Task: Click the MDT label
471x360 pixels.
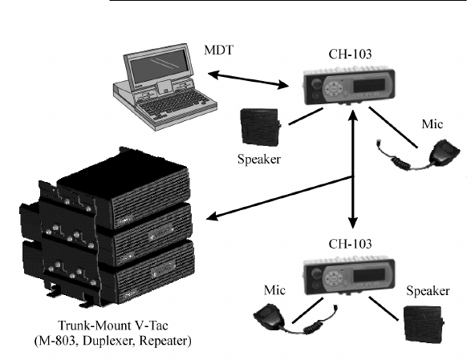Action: (218, 51)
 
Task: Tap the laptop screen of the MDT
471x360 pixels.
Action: (159, 67)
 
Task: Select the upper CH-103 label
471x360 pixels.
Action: (350, 55)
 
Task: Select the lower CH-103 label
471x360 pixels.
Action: (350, 244)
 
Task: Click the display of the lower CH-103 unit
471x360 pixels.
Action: (368, 275)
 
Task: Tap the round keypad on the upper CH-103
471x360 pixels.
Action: (334, 89)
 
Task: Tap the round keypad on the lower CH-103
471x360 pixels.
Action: (334, 278)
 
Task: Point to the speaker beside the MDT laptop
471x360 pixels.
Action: (260, 127)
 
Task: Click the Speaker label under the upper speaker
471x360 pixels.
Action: (259, 160)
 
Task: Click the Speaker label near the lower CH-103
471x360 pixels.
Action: (428, 291)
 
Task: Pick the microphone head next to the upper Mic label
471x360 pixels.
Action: (445, 152)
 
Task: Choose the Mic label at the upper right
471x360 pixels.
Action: (432, 124)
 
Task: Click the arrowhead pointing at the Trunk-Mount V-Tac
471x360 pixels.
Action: (213, 216)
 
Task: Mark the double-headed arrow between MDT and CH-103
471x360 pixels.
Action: (248, 80)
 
